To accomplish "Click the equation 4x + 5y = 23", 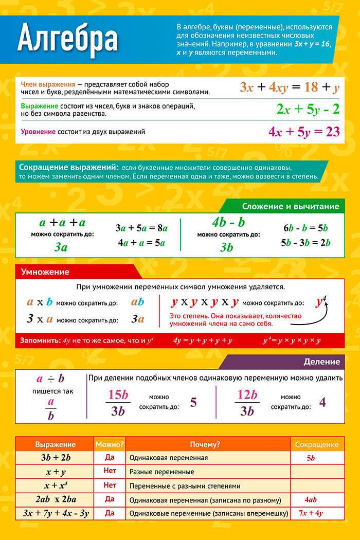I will [x=304, y=132].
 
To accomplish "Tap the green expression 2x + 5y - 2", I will [x=308, y=109].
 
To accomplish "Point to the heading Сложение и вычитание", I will [x=291, y=206].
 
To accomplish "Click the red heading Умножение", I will [x=45, y=272].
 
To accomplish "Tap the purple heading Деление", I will [x=321, y=362].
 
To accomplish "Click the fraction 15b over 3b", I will [x=119, y=402].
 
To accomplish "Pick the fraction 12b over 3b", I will [x=247, y=402].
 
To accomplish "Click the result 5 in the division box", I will [x=193, y=402].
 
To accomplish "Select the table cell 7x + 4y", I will [x=311, y=513].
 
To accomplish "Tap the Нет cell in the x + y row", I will [x=110, y=471].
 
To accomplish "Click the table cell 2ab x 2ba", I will [x=56, y=499].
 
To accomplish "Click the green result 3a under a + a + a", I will [x=61, y=247].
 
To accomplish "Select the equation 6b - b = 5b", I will [x=305, y=228].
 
